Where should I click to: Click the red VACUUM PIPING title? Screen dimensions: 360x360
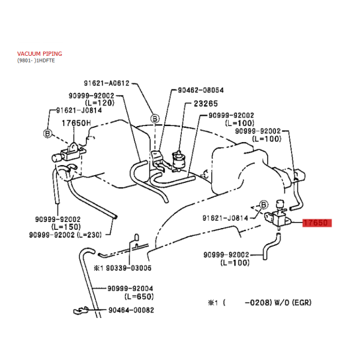click(x=40, y=54)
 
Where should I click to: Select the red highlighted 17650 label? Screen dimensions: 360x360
click(x=317, y=223)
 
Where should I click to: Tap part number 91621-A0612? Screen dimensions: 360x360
click(x=107, y=83)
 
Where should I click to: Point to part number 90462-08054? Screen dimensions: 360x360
click(x=200, y=90)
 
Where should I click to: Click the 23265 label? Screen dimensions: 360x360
click(x=206, y=104)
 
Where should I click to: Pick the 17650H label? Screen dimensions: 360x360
click(x=76, y=123)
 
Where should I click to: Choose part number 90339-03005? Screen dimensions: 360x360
click(x=128, y=268)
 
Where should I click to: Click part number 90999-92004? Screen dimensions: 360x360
click(x=130, y=289)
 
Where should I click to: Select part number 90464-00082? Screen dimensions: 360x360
click(x=131, y=310)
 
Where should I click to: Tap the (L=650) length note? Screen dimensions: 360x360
click(x=139, y=296)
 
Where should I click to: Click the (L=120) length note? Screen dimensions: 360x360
click(x=100, y=103)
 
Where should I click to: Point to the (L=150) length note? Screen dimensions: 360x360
click(x=66, y=227)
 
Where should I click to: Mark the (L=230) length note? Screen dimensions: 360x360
click(x=89, y=235)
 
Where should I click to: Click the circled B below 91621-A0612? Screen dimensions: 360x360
click(x=155, y=119)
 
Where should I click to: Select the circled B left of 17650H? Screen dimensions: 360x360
click(x=47, y=133)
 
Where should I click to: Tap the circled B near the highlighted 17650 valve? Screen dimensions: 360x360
click(x=264, y=205)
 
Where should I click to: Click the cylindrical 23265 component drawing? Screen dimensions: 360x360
click(x=178, y=160)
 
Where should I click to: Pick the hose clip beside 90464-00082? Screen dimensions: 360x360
click(x=81, y=311)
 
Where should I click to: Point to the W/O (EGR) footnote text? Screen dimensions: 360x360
click(x=293, y=302)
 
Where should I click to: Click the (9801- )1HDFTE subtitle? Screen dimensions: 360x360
click(x=36, y=61)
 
